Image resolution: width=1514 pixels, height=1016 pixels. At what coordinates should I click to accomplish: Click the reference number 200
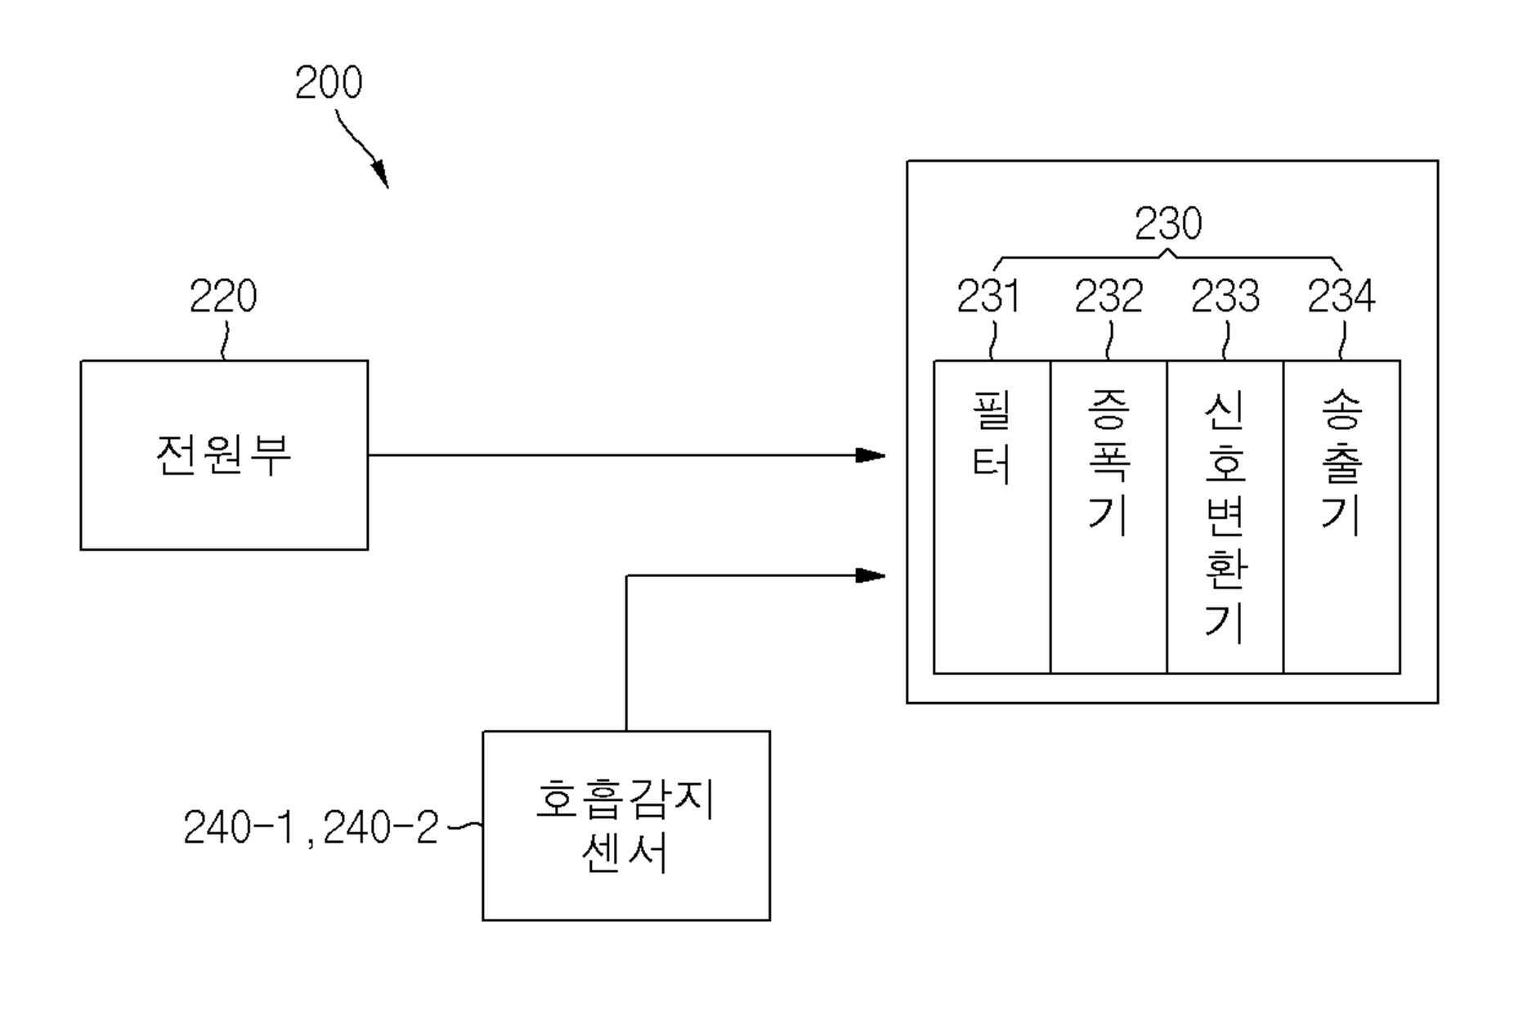point(328,83)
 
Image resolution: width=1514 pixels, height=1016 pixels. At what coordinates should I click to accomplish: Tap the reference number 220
point(223,296)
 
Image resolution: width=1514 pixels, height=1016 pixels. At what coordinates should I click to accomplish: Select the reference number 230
point(1168,223)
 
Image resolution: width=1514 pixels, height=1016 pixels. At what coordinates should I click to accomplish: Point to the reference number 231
point(988,296)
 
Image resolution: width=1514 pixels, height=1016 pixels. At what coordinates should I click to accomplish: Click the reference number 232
point(1109,296)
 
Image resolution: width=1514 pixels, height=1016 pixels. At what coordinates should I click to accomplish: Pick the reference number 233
point(1225,296)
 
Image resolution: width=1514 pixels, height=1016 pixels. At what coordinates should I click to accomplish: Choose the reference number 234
point(1342,296)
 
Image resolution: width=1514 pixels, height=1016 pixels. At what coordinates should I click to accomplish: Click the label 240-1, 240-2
point(311,827)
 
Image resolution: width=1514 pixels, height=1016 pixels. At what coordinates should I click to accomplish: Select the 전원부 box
point(224,455)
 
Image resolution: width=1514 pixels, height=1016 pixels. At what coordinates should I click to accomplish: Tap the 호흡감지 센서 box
point(626,826)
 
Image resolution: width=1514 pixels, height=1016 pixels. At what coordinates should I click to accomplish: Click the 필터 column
point(992,517)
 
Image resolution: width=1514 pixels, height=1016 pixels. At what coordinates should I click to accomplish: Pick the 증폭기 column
point(1109,517)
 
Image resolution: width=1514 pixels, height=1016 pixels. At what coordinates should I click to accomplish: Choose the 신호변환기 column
point(1225,517)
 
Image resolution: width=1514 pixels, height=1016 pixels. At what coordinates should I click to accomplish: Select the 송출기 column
point(1342,517)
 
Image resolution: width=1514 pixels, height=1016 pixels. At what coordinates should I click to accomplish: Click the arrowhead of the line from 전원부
point(871,455)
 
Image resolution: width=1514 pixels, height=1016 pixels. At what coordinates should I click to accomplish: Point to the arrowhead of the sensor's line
point(871,575)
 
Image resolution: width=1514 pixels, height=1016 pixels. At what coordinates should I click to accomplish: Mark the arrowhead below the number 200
point(380,174)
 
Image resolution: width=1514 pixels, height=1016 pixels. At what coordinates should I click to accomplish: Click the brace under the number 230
point(1168,257)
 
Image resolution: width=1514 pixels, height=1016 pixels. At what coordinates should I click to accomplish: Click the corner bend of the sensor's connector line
point(626,575)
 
